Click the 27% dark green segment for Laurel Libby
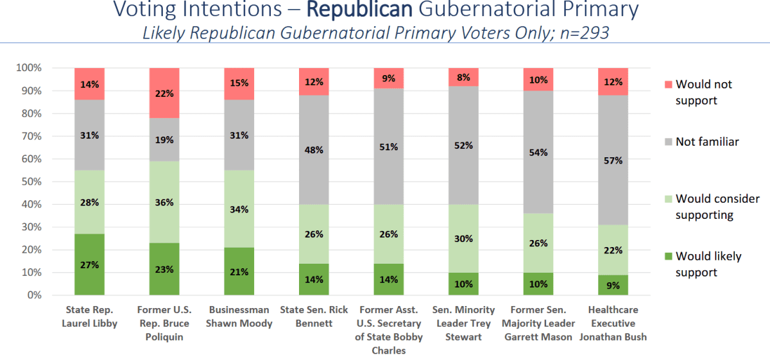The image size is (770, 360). coord(89,264)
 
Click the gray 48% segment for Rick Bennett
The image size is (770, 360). coord(314,150)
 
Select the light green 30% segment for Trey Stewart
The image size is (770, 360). coord(463,239)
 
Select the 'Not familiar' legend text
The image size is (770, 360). coord(707,142)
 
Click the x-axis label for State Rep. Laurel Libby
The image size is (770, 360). coord(89,317)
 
